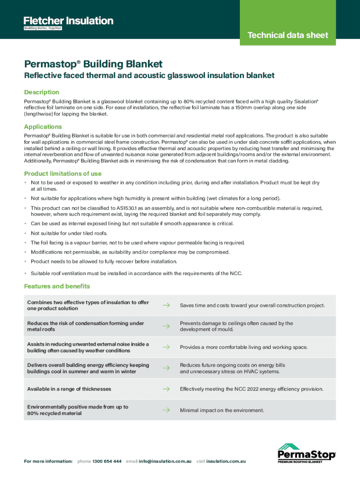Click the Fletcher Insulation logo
pos(68,22)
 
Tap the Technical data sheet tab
pos(288,35)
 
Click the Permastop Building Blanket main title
pos(94,64)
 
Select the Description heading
pos(42,92)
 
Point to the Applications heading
pos(43,127)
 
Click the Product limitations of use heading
pos(63,174)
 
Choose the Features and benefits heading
pos(57,286)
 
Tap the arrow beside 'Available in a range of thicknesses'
pos(166,389)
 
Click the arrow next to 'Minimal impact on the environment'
pos(166,410)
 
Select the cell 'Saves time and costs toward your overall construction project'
pos(252,305)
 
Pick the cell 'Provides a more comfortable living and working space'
pos(244,347)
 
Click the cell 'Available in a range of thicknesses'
pos(69,389)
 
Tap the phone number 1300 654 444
pos(107,461)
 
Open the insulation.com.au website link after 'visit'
pos(226,461)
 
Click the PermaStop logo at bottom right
pos(307,453)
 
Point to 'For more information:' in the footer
pos(48,461)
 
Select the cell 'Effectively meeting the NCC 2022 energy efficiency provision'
pos(252,389)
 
